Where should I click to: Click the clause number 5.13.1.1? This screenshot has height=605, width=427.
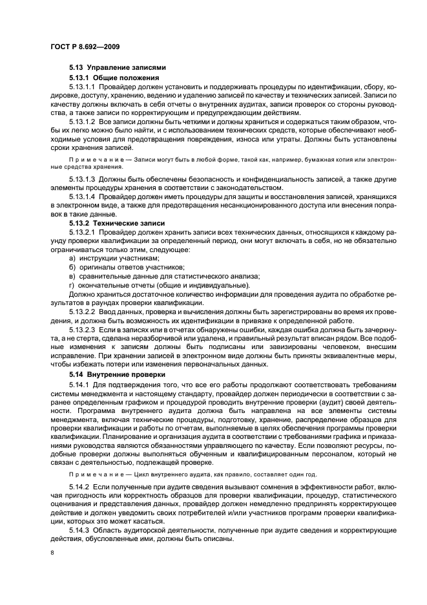[x=81, y=87]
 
